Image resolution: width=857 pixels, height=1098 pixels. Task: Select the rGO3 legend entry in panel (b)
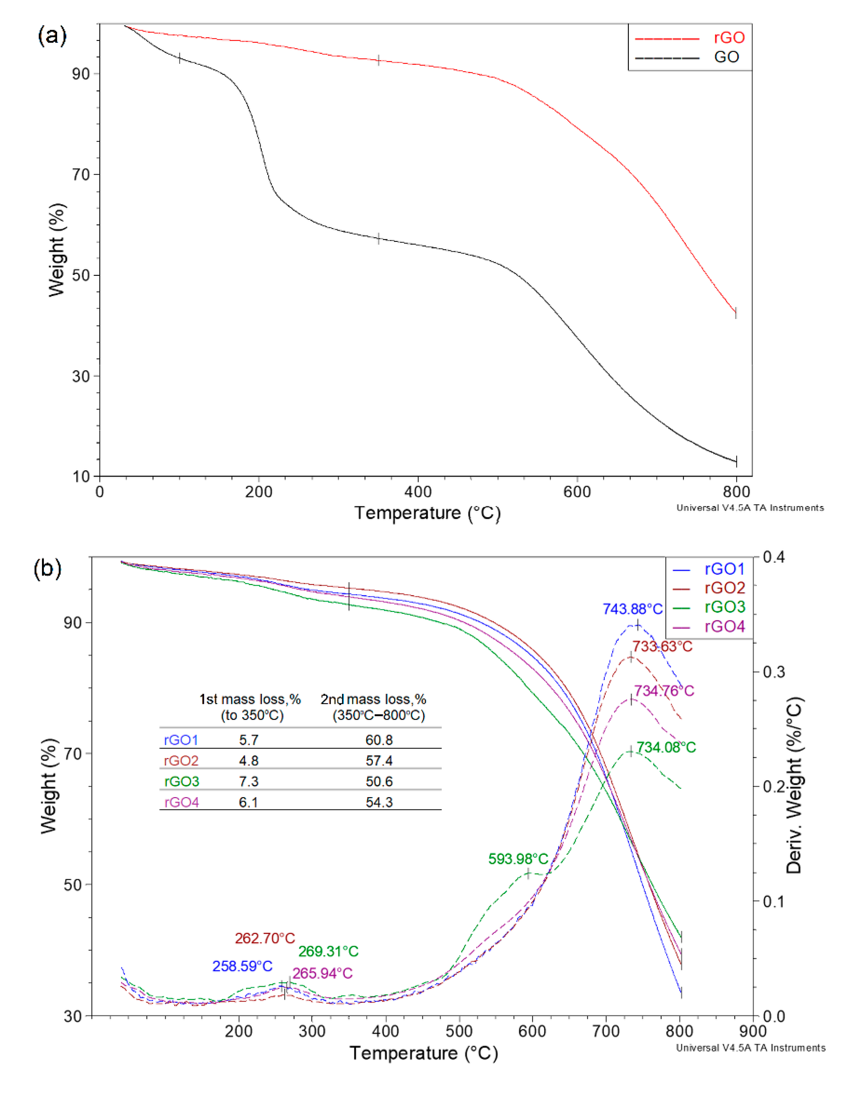[724, 607]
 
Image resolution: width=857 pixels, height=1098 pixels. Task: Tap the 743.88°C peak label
[632, 609]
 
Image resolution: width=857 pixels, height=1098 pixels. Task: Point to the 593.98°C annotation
[518, 859]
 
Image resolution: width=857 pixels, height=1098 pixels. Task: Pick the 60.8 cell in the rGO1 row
[379, 740]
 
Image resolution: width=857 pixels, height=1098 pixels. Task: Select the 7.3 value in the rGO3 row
[248, 781]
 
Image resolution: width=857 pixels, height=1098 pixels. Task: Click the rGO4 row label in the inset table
[181, 802]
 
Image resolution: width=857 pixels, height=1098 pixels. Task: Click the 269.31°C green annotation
[328, 951]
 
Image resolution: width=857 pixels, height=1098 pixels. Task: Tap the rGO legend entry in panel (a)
[729, 38]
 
